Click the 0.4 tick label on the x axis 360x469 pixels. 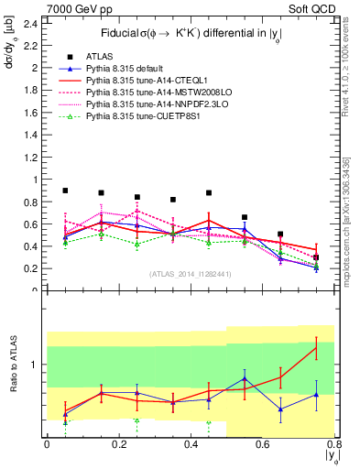click(x=191, y=444)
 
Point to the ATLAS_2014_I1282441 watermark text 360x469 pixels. click(x=190, y=274)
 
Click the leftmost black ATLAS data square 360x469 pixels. click(x=65, y=191)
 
